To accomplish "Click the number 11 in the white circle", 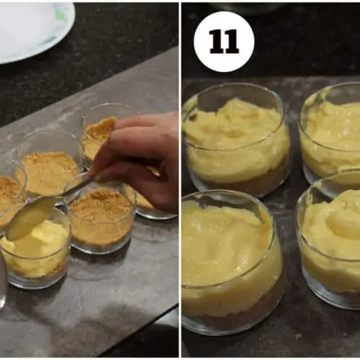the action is click(x=224, y=42).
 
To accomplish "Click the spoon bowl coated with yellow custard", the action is click(x=31, y=218).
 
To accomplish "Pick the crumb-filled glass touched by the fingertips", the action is click(x=99, y=135).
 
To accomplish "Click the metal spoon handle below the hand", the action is click(x=77, y=184).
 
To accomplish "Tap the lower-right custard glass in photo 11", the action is click(x=329, y=240).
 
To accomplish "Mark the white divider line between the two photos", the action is click(x=180, y=180).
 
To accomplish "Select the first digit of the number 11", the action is click(x=217, y=42).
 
